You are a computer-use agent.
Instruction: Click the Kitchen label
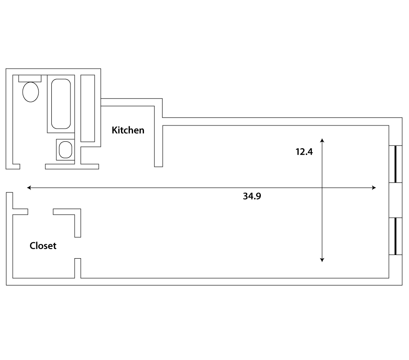point(128,130)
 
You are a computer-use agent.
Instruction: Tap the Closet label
point(43,246)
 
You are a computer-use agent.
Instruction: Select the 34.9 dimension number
point(252,196)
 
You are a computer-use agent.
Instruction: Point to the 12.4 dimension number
point(304,152)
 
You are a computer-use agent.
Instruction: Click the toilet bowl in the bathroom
point(30,92)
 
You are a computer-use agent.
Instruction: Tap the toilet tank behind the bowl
point(30,79)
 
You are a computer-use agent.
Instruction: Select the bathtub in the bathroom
point(61,104)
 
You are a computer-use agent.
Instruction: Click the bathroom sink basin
point(65,150)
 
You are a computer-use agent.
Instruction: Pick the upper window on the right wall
point(395,164)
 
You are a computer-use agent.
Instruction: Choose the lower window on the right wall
point(395,236)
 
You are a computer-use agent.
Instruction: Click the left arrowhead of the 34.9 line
point(29,188)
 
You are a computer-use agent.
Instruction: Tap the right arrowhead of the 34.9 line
point(374,188)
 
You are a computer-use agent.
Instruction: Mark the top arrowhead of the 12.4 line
point(322,140)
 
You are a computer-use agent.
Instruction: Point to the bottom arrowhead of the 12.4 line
point(322,260)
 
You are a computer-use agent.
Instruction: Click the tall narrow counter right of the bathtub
point(88,108)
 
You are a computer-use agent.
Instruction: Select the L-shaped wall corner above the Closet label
point(78,212)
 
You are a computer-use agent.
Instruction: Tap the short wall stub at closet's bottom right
point(78,268)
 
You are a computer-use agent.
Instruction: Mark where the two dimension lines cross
point(322,188)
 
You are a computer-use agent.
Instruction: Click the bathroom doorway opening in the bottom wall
point(33,166)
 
